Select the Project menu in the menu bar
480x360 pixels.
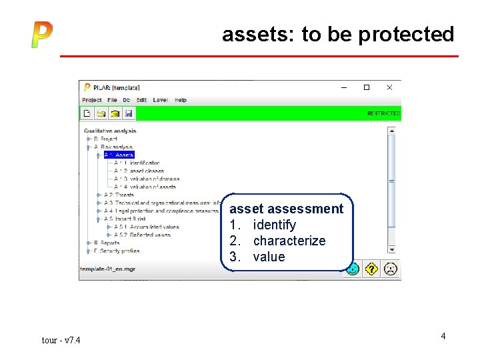point(92,100)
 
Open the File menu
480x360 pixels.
point(112,100)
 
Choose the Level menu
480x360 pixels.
point(160,100)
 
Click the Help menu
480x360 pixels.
point(181,100)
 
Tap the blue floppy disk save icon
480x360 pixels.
point(129,113)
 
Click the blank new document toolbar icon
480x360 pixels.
point(87,113)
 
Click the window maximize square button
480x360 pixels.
point(366,87)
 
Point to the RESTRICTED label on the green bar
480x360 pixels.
point(383,114)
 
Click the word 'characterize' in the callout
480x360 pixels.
point(289,241)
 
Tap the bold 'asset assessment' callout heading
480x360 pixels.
point(287,209)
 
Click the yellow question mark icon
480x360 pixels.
point(372,269)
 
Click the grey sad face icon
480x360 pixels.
point(391,269)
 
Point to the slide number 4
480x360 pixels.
point(443,337)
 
